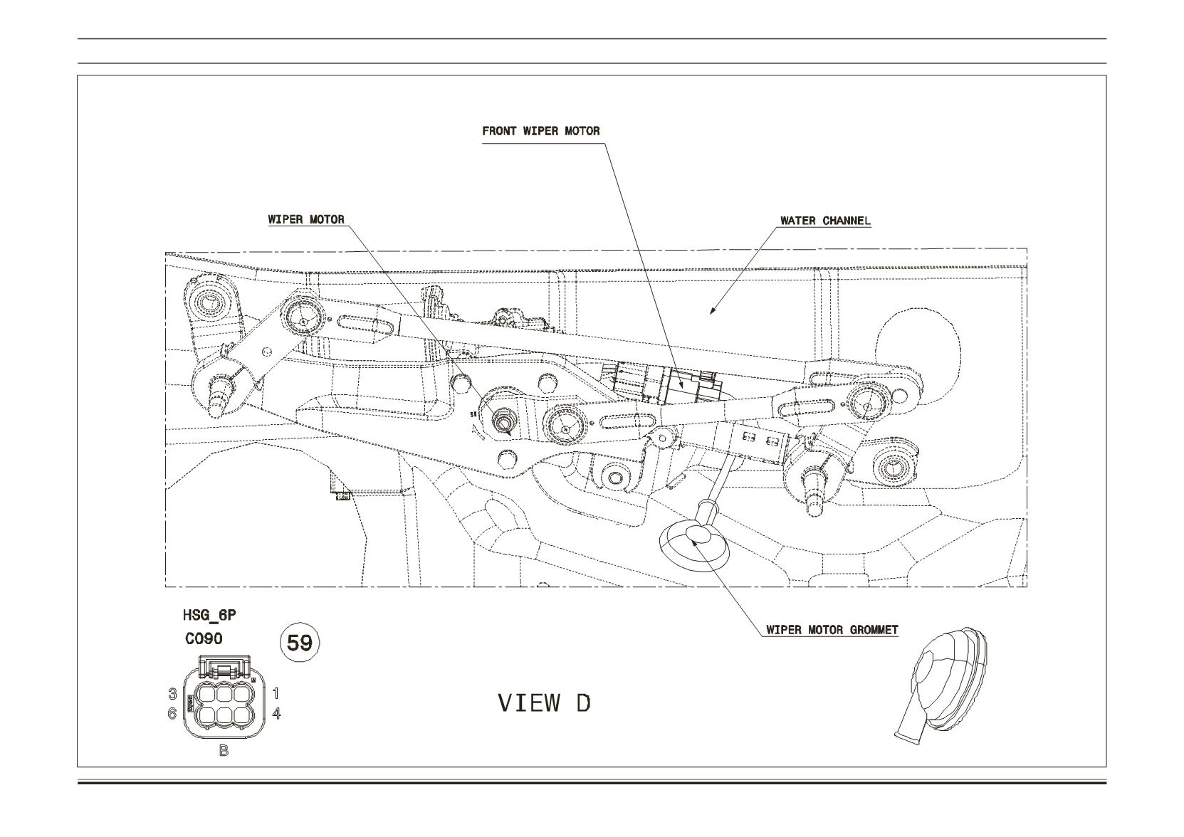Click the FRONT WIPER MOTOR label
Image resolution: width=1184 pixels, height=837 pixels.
(x=540, y=131)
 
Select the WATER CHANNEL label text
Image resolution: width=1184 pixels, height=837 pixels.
(x=825, y=221)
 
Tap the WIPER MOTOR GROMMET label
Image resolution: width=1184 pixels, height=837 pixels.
(x=832, y=630)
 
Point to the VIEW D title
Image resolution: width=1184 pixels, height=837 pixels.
(x=545, y=702)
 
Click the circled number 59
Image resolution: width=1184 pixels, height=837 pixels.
(x=300, y=643)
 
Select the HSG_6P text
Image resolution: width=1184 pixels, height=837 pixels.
(x=209, y=616)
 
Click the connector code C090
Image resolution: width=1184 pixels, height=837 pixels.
(x=204, y=639)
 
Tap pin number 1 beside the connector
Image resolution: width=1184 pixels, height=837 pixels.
(x=276, y=693)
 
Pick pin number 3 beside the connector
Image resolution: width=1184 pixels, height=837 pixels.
(x=172, y=693)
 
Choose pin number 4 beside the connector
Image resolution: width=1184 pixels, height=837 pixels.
(x=276, y=713)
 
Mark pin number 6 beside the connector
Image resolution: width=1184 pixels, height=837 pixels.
(x=172, y=714)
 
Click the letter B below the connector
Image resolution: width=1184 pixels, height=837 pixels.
(x=224, y=750)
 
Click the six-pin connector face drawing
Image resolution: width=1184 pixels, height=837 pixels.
(x=224, y=697)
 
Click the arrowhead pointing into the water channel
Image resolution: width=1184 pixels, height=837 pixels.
(x=712, y=310)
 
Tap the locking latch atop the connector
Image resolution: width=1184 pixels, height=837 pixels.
(x=224, y=667)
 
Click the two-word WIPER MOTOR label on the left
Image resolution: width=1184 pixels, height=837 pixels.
(x=306, y=220)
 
